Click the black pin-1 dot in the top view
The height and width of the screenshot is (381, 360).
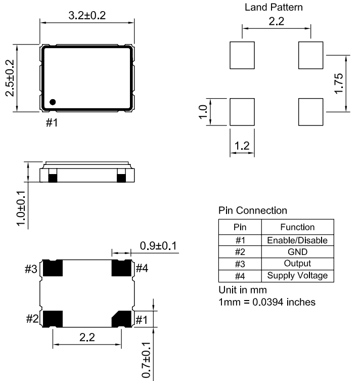coord(53,102)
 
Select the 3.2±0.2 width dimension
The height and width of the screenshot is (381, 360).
coord(87,16)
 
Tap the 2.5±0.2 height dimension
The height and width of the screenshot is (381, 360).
coord(10,78)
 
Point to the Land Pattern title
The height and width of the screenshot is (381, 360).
coord(274,7)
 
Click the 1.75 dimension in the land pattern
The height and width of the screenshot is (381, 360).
coord(339,83)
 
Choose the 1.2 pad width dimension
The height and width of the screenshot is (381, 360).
coord(242,146)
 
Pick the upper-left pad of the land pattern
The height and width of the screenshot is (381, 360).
coord(242,55)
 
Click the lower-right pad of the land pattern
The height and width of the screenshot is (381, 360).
coord(311,112)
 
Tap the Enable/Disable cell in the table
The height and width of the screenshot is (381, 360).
coord(297,240)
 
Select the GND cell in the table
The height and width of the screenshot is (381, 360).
coord(298,252)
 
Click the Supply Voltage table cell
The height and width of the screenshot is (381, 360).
coord(297,276)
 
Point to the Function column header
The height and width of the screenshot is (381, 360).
coord(297,227)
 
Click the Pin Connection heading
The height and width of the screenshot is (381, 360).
coord(253,210)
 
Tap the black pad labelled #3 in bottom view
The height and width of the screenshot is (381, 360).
coord(53,268)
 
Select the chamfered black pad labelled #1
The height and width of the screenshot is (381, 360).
coord(121,319)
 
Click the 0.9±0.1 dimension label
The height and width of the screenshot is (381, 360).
coord(158,246)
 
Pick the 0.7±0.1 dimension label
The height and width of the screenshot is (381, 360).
coord(146,360)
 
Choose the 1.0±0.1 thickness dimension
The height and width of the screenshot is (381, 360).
coord(21,208)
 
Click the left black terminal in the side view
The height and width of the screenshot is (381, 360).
coord(53,178)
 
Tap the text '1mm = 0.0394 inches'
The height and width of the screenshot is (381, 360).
coord(267,302)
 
